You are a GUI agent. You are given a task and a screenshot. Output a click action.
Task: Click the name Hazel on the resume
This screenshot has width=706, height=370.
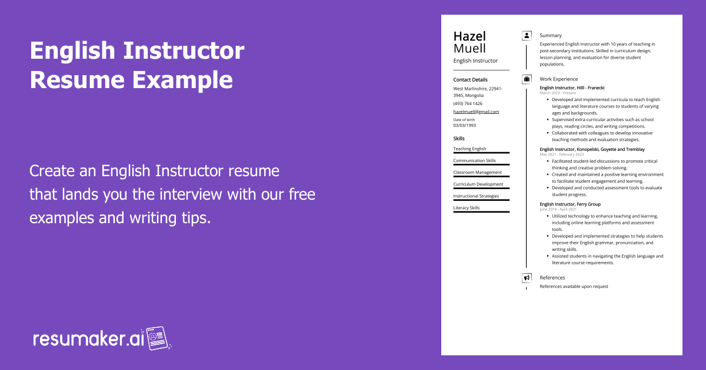point(469,36)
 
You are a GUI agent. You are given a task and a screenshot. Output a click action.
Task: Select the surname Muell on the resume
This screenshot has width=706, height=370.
point(469,48)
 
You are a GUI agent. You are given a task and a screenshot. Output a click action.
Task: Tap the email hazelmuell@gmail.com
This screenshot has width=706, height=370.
point(476,112)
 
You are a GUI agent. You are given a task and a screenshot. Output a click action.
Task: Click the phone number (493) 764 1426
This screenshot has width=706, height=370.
point(468,103)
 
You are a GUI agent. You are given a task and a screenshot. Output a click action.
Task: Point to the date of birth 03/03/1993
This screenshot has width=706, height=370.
point(465,125)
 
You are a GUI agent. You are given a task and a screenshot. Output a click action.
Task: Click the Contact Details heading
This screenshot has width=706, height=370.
point(470,80)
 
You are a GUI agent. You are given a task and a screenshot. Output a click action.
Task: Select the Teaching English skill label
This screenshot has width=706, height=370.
point(469,149)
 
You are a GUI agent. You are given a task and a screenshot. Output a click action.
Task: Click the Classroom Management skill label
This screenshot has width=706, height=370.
point(477,173)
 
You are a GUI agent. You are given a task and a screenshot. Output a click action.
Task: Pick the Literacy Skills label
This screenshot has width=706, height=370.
point(467,208)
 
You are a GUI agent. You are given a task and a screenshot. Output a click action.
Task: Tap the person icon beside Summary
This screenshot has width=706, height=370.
point(527,36)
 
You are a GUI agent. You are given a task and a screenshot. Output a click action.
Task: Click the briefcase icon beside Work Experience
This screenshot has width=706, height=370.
point(527,79)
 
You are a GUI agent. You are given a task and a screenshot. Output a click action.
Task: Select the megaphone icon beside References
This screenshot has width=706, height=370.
point(527,278)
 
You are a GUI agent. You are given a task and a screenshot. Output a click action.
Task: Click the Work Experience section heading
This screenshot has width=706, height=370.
point(558,79)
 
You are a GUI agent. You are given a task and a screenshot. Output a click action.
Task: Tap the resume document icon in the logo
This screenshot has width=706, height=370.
point(158,338)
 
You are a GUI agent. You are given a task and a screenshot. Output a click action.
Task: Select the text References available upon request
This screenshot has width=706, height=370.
point(574,287)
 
